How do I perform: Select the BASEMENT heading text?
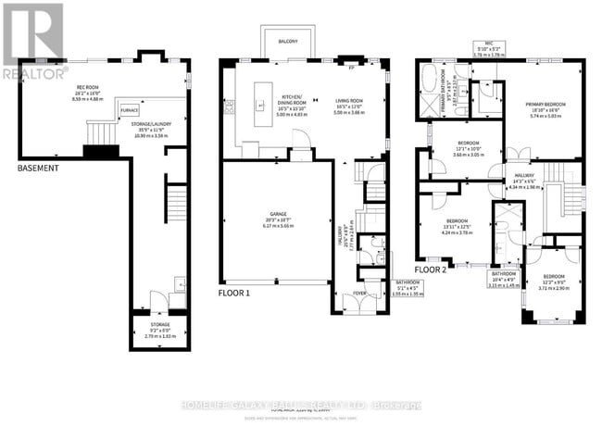pos(38,169)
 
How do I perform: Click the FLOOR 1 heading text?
pos(234,293)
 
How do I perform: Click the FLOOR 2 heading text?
pos(431,269)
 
